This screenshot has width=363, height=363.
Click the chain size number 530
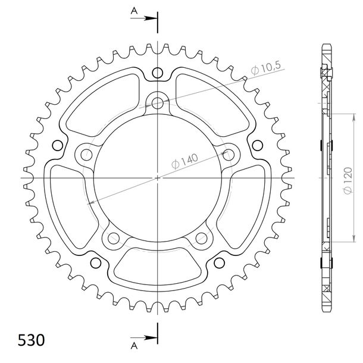(32, 340)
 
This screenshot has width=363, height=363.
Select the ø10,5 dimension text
(266, 68)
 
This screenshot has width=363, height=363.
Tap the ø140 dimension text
(184, 161)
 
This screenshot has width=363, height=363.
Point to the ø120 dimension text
(348, 180)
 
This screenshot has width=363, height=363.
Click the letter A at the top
(134, 11)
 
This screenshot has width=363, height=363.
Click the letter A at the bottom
(134, 346)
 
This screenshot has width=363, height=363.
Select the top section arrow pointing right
(143, 18)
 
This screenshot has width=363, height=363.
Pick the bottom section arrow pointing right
(143, 338)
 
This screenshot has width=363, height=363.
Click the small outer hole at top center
(158, 73)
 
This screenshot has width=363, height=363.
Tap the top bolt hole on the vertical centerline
(158, 103)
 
